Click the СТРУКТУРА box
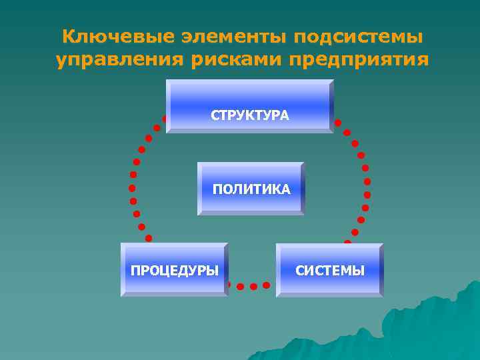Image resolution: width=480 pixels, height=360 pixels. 249,106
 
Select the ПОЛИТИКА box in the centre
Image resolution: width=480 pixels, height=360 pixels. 251,188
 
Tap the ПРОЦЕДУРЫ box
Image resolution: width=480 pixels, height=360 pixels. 174,269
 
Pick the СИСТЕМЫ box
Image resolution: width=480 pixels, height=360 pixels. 329,269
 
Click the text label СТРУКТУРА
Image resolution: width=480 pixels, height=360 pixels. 250,116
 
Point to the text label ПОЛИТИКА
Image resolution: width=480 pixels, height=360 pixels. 251,190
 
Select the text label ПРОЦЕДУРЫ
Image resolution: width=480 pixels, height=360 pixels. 174,271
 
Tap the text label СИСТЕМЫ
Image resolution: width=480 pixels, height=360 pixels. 330,271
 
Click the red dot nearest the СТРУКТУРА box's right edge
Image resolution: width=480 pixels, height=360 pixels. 338,123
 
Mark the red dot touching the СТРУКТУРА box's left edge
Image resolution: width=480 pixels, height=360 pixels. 164,119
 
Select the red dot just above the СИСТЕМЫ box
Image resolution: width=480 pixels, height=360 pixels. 347,243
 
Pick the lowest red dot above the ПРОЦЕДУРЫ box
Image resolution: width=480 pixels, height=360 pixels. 148,238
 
